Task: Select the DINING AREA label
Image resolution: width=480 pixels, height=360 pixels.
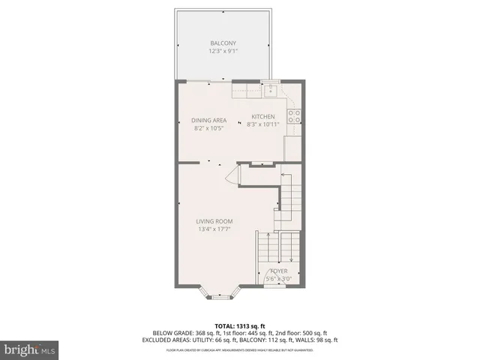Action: (208, 120)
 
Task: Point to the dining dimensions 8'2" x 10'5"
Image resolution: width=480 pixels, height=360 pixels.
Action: (208, 127)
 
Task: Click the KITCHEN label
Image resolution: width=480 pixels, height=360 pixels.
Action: (263, 116)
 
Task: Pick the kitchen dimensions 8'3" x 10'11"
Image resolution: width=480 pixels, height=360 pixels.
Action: (263, 124)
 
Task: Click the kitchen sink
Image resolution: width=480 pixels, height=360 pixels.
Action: (271, 91)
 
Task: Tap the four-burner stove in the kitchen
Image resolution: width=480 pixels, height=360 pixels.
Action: (295, 116)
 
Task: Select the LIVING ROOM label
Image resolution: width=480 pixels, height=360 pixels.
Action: (214, 221)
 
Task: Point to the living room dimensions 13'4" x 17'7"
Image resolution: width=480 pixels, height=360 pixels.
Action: (214, 229)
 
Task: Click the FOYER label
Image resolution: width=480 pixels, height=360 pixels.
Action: (279, 271)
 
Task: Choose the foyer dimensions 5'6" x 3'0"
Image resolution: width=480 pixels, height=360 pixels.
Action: (279, 279)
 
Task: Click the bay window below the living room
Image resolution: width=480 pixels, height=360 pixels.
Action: (220, 295)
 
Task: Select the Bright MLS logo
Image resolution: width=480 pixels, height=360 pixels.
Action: (30, 349)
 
